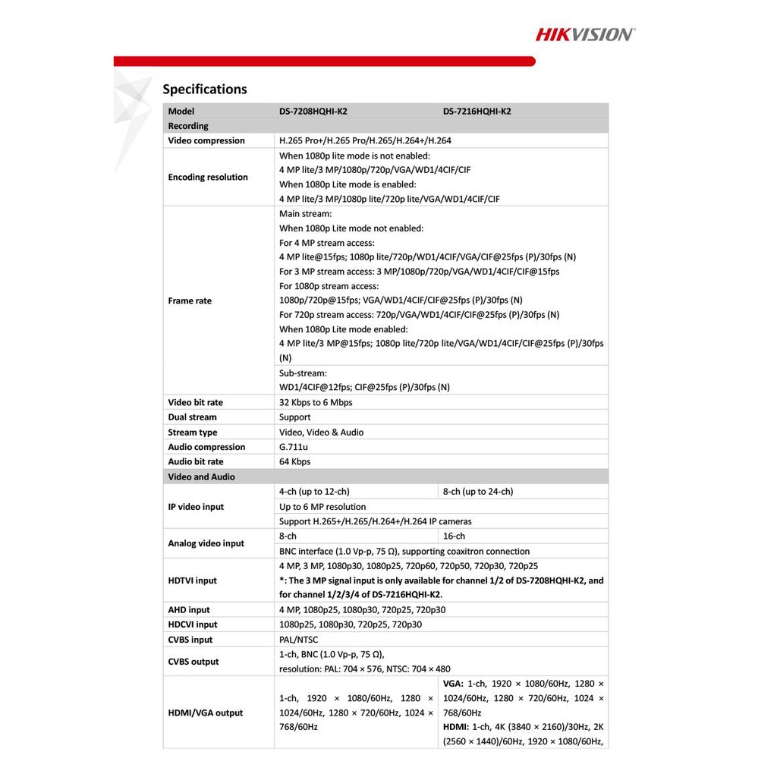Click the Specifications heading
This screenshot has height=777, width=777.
205,90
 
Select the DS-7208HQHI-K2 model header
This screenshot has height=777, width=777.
313,112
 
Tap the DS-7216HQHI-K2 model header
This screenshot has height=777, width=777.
477,112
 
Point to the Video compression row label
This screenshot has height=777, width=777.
206,140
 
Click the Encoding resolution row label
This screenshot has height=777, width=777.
208,178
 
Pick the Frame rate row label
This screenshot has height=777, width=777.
190,301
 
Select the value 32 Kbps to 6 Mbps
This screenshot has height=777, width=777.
316,403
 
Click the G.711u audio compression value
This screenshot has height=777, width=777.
293,447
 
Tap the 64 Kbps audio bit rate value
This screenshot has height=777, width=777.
295,461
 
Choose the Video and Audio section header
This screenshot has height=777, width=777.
201,477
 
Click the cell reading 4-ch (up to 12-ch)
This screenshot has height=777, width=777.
314,492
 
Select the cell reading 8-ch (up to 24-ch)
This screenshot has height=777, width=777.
478,492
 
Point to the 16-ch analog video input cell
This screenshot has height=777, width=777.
455,536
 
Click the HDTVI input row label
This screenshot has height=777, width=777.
192,580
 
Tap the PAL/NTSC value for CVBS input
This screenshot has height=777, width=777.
299,640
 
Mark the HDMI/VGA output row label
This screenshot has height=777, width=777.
206,713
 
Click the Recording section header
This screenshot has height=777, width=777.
188,126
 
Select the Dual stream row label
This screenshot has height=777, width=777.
192,417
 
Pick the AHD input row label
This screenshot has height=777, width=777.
189,610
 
